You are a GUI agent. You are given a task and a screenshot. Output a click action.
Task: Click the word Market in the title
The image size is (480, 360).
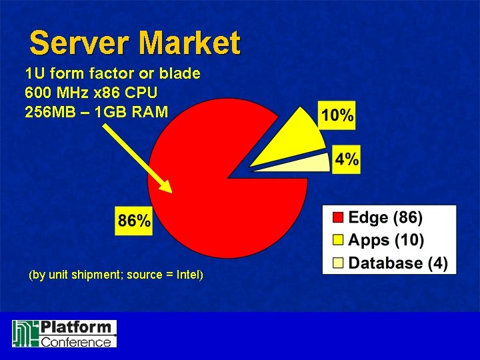click(190, 44)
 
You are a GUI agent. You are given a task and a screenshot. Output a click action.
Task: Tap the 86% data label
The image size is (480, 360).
click(134, 221)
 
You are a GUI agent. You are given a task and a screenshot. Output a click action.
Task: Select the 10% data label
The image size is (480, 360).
click(337, 115)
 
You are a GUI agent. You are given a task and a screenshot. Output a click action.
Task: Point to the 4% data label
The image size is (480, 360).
click(347, 160)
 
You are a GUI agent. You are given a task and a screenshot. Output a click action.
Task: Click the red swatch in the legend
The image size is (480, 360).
click(338, 217)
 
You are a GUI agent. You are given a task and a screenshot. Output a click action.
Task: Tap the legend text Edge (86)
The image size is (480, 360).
click(385, 217)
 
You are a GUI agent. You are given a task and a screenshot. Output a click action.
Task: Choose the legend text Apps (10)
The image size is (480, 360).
click(386, 239)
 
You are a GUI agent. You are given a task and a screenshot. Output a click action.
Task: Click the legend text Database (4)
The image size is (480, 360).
click(398, 262)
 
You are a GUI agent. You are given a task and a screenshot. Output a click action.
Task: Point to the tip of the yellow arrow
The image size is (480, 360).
click(170, 192)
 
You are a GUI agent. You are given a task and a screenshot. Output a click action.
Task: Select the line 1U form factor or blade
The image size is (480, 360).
click(112, 73)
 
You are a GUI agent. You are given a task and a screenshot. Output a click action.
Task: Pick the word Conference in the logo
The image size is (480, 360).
click(77, 341)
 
